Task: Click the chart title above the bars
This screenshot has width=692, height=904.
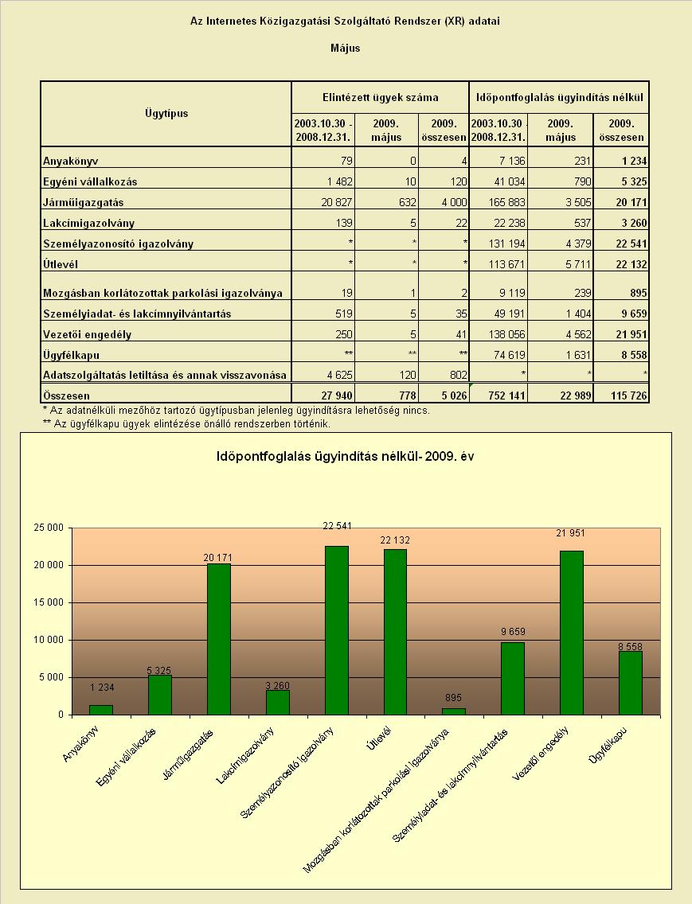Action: point(345,457)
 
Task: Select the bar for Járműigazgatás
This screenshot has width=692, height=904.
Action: point(219,639)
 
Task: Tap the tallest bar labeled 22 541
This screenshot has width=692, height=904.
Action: point(337,630)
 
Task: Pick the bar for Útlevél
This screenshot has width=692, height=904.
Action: point(395,632)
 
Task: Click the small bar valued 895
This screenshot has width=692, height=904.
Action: point(454,711)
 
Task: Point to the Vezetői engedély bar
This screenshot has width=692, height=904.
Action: point(572,633)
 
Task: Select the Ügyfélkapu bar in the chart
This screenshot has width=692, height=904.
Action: point(630,683)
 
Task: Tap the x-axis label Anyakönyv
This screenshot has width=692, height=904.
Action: point(80,744)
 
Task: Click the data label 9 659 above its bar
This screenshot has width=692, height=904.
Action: point(513,631)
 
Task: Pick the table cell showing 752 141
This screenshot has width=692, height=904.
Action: point(500,395)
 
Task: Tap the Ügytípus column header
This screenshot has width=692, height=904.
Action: point(166,113)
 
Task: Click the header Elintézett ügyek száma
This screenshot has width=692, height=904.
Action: point(381,97)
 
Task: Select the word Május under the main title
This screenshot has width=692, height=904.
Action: point(345,49)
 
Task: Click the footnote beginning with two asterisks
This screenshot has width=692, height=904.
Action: point(186,423)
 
